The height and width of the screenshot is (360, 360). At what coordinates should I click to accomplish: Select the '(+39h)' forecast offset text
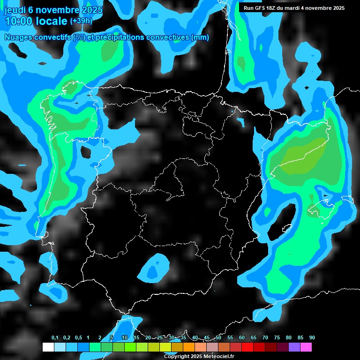(x=81, y=21)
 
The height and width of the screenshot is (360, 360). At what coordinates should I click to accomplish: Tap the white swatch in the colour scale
(x=48, y=347)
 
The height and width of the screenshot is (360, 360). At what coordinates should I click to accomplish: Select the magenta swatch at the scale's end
(x=306, y=347)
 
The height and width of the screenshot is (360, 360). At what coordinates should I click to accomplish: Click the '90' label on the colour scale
(x=312, y=338)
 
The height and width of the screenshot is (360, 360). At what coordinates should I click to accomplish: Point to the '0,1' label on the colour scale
(x=55, y=338)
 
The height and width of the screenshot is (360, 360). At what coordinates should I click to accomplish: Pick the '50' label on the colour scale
(x=218, y=338)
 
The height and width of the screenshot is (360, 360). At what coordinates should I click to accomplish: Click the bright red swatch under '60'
(x=247, y=347)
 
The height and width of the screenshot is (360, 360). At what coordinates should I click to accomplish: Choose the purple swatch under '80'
(x=294, y=347)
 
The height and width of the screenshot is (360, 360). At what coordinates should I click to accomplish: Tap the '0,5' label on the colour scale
(x=78, y=338)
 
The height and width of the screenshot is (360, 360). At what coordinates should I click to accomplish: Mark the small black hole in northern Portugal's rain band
(x=87, y=151)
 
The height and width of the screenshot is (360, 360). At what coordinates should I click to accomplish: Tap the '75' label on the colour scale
(x=277, y=338)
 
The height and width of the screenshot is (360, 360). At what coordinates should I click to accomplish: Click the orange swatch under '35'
(x=189, y=347)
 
